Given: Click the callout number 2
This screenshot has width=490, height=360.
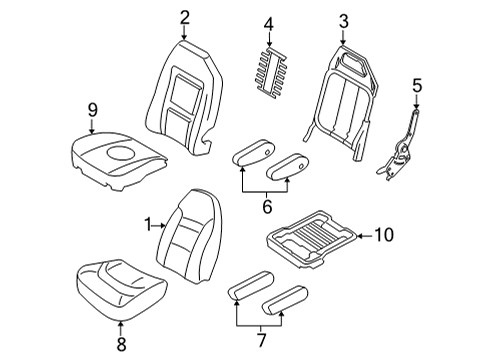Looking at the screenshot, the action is (x=184, y=18).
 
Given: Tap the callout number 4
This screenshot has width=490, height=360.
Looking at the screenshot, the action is (x=269, y=24).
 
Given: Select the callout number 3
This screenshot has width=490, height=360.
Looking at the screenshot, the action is (x=343, y=21).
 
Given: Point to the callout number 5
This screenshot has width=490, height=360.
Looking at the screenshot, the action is (x=417, y=85).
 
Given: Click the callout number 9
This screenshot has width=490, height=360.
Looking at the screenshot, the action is (x=92, y=110).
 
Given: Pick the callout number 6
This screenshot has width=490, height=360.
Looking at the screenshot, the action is (x=267, y=207).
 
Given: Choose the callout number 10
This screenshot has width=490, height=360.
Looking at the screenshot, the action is (x=384, y=235).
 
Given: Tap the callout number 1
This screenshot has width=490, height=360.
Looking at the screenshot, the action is (x=148, y=225).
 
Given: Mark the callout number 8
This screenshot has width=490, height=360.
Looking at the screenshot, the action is (x=121, y=344).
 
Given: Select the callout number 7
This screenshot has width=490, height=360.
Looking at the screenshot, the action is (x=262, y=340).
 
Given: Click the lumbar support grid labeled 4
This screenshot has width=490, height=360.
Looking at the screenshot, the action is (x=271, y=73).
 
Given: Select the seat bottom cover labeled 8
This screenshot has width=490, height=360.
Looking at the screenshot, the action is (x=122, y=288).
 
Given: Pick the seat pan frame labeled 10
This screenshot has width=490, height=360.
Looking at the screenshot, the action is (x=312, y=239).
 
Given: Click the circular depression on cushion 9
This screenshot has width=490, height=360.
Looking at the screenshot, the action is (x=121, y=153).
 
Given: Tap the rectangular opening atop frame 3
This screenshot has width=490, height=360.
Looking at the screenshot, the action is (x=351, y=62).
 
